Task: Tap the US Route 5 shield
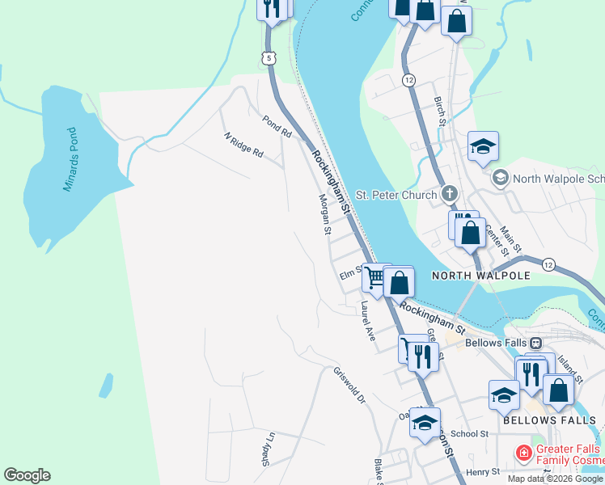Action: (269, 57)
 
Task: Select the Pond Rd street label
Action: (276, 125)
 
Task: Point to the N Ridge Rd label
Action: (244, 145)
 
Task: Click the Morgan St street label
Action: (324, 214)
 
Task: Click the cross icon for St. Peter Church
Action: (449, 194)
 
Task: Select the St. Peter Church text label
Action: (396, 194)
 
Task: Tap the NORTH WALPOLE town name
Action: (480, 276)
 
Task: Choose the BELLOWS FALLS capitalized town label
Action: (549, 420)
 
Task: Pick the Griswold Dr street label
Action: (350, 386)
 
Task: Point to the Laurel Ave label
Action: (369, 321)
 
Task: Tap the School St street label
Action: (470, 433)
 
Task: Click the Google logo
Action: (27, 475)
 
